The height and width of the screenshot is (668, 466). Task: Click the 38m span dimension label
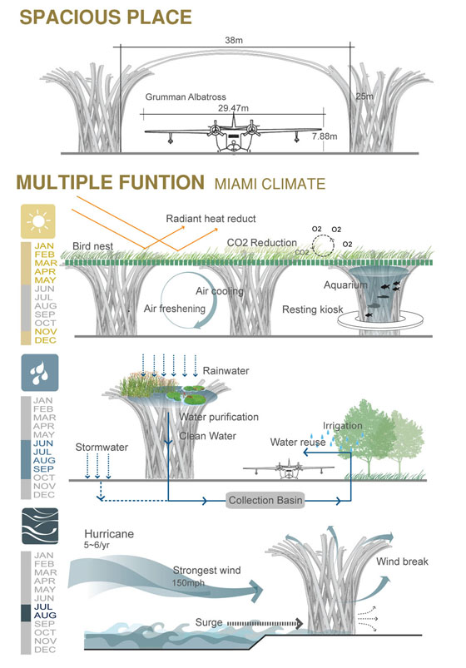234,40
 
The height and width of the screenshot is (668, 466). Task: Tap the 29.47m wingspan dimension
233,108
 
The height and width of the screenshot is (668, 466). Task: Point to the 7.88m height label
325,136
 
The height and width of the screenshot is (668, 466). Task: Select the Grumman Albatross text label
186,96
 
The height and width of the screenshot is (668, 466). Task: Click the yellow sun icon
38,221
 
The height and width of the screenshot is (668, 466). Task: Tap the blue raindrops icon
40,373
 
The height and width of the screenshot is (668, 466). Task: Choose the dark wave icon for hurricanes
40,526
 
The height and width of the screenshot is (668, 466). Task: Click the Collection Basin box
265,500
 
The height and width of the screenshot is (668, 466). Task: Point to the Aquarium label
345,285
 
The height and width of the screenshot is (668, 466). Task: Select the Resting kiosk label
313,309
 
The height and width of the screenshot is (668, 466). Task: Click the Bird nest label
92,246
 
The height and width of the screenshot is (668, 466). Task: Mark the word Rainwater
226,371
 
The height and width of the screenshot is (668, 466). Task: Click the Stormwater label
102,447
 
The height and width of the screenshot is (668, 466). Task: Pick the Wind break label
402,562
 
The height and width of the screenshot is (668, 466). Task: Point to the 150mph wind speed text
188,583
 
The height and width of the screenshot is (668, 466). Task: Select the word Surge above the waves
209,622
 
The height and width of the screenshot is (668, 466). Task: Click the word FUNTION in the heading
161,182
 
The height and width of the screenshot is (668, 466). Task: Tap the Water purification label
219,417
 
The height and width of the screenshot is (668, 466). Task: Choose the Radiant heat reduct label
211,219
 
